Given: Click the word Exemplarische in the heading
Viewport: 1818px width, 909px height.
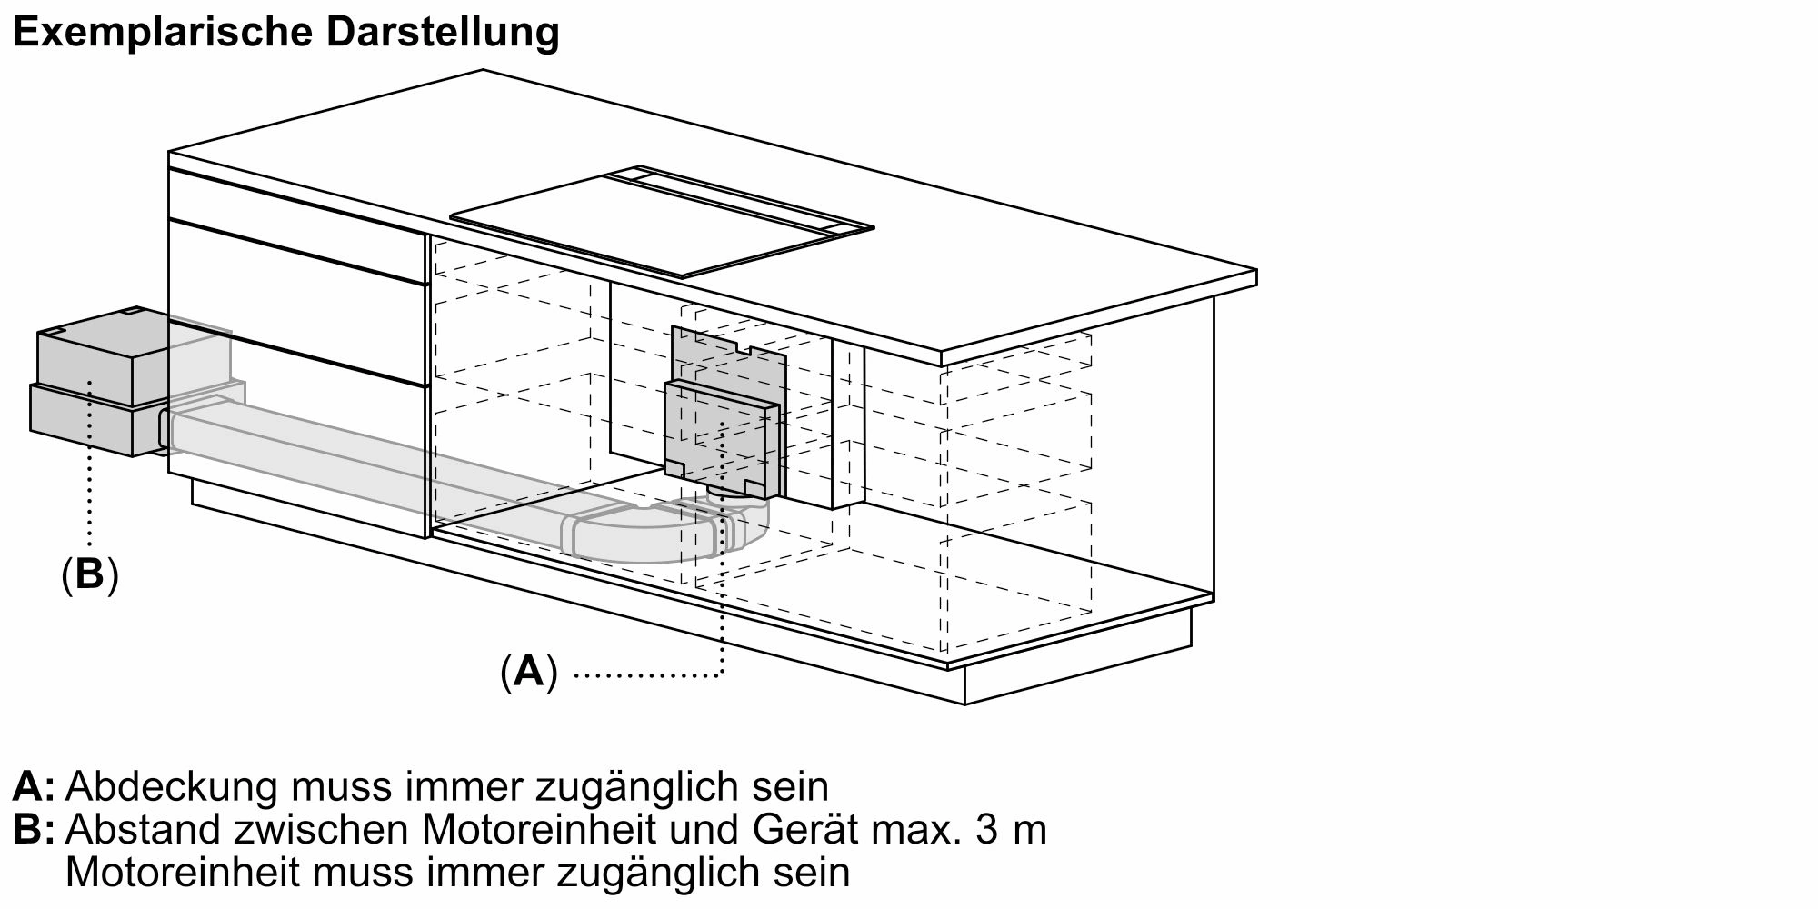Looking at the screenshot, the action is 163,34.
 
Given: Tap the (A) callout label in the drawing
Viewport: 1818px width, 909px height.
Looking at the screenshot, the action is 528,673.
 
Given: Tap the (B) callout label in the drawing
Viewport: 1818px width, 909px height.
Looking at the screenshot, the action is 90,574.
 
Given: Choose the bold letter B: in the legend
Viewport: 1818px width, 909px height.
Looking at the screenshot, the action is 33,831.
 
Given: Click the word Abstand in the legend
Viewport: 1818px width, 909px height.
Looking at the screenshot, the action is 141,831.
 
